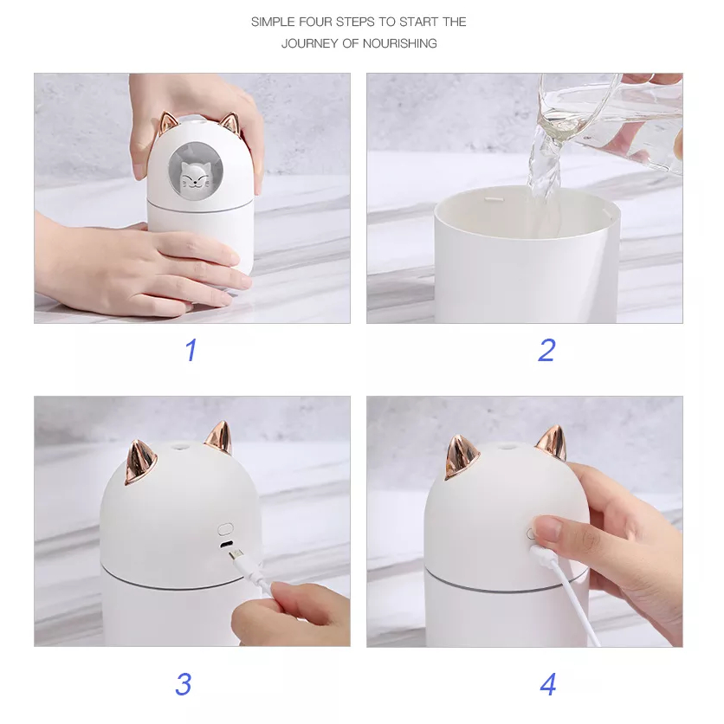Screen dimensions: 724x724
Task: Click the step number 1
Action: tap(191, 350)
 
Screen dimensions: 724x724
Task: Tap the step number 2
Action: tap(546, 350)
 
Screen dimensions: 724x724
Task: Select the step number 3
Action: tap(183, 683)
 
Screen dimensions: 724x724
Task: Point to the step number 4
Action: tap(548, 683)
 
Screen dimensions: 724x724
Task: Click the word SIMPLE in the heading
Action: tap(272, 22)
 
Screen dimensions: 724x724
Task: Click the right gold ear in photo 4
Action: tap(551, 443)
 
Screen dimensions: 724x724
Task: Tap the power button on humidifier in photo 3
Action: tap(225, 527)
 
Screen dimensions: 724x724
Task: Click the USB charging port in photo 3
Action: tap(226, 546)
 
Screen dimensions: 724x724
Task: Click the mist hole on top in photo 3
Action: tap(184, 449)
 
